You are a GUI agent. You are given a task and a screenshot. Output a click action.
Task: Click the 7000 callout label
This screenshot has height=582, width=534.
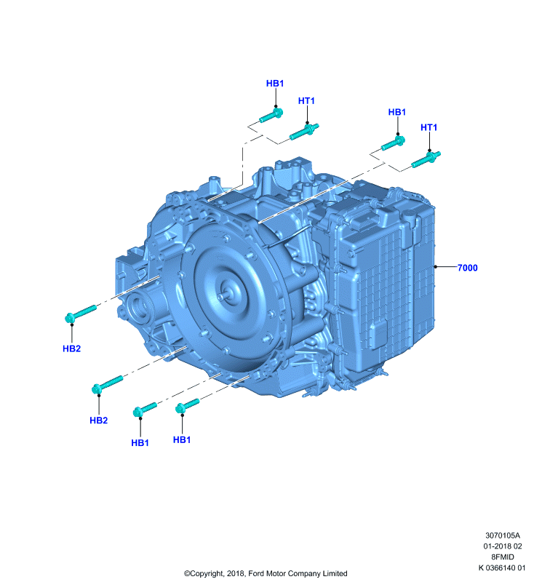coord(467,268)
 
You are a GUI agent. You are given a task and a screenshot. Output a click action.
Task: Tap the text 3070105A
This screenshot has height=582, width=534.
coord(503,535)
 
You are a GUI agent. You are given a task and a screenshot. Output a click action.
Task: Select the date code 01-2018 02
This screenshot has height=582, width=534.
coord(503,546)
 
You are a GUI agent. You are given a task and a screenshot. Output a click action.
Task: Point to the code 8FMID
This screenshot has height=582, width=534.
coord(503,557)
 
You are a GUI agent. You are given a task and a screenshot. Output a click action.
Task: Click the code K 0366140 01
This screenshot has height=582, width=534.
coord(502,567)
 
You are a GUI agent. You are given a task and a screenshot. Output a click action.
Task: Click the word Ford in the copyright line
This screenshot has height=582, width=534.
coord(255,573)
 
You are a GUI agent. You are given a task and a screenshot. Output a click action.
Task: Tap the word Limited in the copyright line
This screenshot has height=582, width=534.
coord(335,573)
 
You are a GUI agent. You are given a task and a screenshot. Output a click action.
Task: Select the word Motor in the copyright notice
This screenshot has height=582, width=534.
coord(275,573)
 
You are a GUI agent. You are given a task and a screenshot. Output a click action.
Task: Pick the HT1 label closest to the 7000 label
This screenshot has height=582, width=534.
coord(429,127)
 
